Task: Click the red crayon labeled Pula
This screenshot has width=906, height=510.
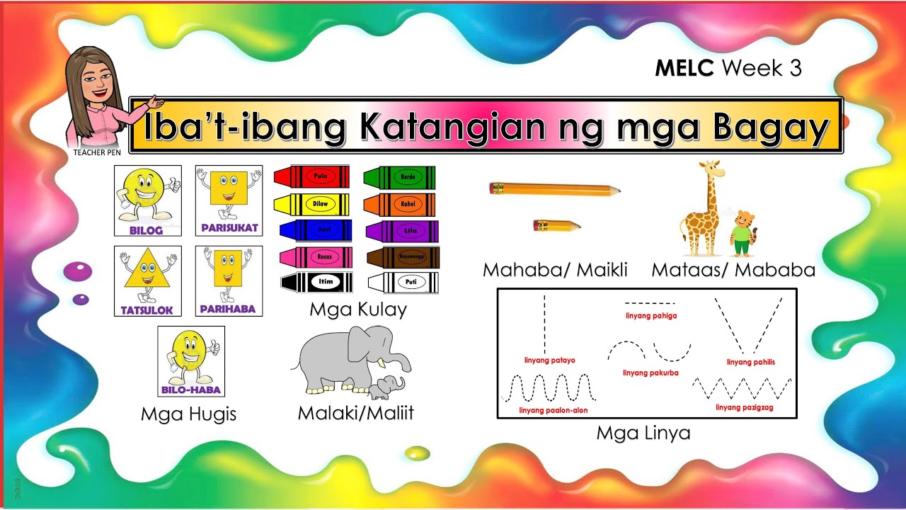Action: (311, 176)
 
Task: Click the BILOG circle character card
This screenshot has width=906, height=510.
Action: (147, 200)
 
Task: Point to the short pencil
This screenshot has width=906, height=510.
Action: (556, 226)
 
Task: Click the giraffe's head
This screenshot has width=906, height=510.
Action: (711, 169)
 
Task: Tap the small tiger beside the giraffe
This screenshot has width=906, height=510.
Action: (742, 233)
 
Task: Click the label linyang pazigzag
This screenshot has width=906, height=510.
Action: (744, 407)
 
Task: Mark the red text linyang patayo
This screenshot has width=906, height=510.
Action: (549, 361)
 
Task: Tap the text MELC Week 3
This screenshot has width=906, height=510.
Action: (728, 68)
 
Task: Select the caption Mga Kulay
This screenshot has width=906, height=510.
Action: (357, 310)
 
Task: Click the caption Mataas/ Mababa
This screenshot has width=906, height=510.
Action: (733, 270)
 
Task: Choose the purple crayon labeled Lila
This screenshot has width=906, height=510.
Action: (402, 230)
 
